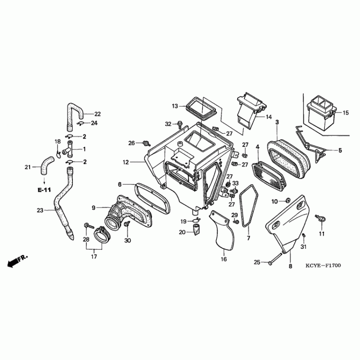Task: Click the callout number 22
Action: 97,114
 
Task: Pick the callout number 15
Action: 346,113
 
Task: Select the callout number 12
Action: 126,162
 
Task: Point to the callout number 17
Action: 94,257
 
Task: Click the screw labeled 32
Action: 179,123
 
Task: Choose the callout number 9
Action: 94,207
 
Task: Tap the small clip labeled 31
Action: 304,236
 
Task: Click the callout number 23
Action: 39,210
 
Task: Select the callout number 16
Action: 224,259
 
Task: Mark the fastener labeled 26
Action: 145,144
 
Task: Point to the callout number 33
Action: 235,183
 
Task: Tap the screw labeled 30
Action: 128,224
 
